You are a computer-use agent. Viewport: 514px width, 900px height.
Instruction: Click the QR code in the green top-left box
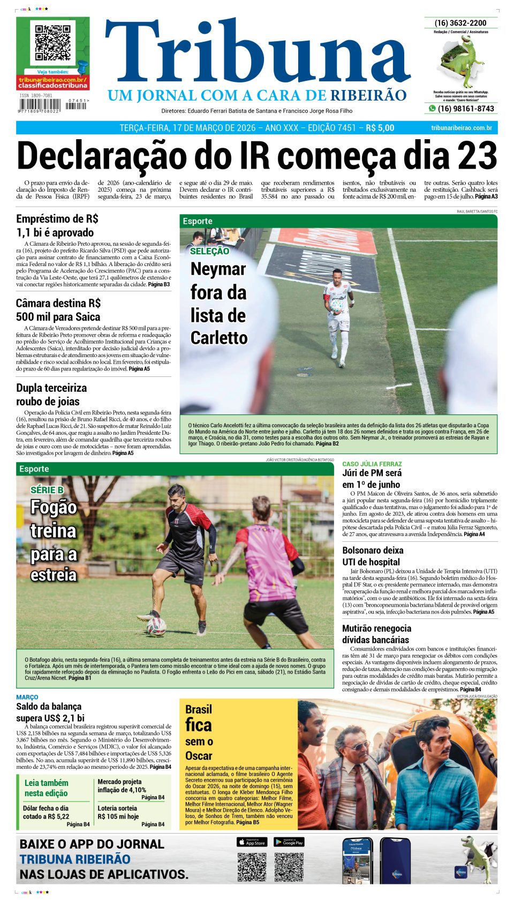pyautogui.click(x=52, y=43)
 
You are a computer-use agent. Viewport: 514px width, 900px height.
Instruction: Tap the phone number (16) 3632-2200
pyautogui.click(x=460, y=23)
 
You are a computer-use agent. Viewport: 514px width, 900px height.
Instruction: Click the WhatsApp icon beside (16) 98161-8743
pyautogui.click(x=432, y=109)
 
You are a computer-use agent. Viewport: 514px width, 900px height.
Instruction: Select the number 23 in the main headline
pyautogui.click(x=478, y=156)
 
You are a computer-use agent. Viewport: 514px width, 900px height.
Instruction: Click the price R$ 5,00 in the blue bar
pyautogui.click(x=380, y=128)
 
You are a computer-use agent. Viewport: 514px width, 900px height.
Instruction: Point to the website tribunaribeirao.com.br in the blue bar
pyautogui.click(x=461, y=128)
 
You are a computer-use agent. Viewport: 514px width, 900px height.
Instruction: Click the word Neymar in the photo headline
pyautogui.click(x=218, y=269)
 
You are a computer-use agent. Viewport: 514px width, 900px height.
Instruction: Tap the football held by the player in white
pyautogui.click(x=336, y=306)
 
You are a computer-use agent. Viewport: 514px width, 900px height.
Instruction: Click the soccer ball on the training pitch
pyautogui.click(x=156, y=626)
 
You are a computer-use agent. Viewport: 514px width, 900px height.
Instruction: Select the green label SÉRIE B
pyautogui.click(x=47, y=490)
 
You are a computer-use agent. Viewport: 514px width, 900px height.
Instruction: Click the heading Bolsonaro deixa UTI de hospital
pyautogui.click(x=373, y=556)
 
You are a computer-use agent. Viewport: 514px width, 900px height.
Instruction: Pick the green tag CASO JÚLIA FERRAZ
pyautogui.click(x=372, y=464)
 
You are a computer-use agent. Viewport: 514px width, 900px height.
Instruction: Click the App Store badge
pyautogui.click(x=252, y=842)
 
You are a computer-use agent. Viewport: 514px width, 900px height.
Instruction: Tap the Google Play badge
pyautogui.click(x=289, y=842)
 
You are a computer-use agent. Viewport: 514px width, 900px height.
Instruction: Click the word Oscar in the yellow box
pyautogui.click(x=199, y=755)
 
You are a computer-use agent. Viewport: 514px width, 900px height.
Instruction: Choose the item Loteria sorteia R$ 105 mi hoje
pyautogui.click(x=118, y=812)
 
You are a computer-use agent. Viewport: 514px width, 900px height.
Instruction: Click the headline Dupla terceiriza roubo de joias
pyautogui.click(x=51, y=395)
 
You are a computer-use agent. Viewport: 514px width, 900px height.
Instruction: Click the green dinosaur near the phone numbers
pyautogui.click(x=464, y=62)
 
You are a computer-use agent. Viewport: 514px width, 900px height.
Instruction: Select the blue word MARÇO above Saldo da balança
pyautogui.click(x=27, y=697)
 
